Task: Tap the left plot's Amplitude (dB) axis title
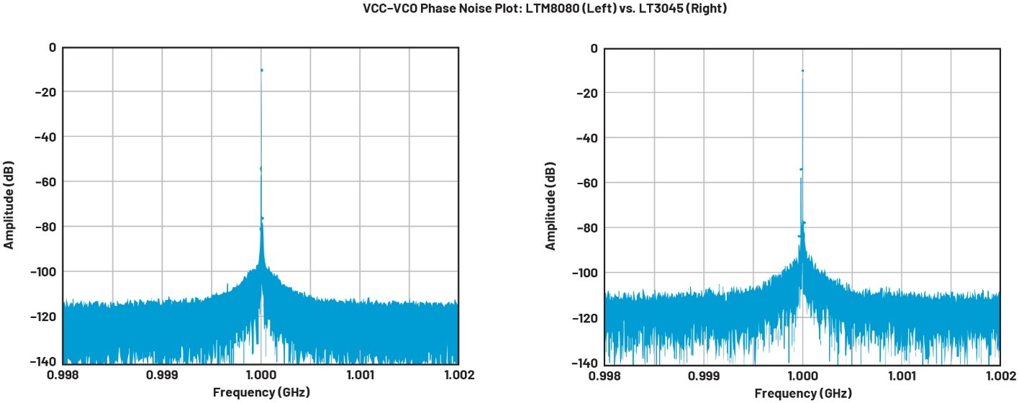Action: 9,204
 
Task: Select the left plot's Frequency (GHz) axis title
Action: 261,392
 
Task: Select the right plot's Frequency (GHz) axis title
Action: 802,394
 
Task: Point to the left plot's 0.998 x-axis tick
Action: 63,375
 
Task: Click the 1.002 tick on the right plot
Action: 1000,376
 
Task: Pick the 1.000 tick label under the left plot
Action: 261,375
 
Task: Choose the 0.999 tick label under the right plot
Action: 703,376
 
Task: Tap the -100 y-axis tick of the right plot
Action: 584,273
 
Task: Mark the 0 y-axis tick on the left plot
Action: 51,47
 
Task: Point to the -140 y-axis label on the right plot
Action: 584,363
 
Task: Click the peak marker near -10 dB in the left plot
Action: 261,70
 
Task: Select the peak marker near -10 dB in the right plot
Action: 802,71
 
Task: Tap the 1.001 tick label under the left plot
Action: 359,375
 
